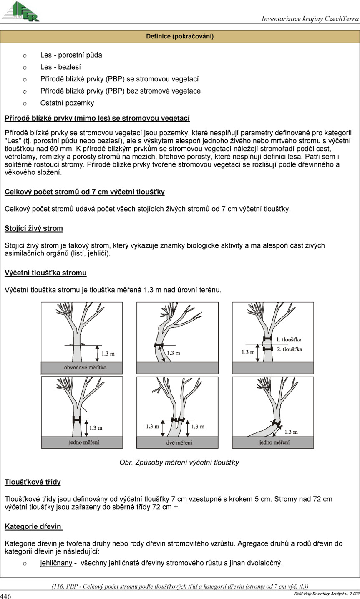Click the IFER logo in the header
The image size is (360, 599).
(21, 12)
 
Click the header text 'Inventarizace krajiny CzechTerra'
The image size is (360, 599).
(310, 19)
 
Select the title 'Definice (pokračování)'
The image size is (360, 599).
(180, 37)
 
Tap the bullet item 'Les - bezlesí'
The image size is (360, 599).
(60, 67)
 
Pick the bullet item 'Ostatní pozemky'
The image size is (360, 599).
(67, 103)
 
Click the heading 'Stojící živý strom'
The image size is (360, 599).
(34, 228)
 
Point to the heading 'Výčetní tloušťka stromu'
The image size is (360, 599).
(45, 273)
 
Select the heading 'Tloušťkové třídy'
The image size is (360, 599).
(33, 482)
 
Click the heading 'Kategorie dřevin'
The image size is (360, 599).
(33, 526)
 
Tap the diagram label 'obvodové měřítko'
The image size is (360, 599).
(86, 368)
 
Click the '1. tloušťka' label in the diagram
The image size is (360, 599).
(289, 339)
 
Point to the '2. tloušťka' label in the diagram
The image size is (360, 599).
(289, 349)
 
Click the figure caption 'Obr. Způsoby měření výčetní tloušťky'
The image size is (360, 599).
(179, 462)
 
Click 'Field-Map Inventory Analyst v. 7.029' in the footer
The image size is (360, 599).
(324, 593)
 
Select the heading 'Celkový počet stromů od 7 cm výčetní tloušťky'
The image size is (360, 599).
(84, 192)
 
